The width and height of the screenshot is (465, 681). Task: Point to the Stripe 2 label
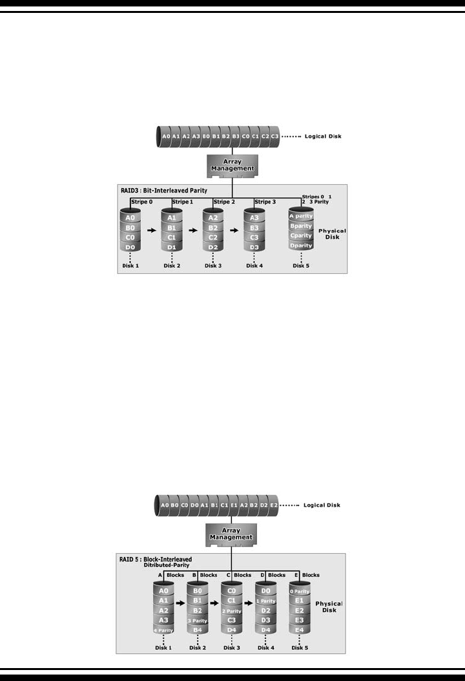click(225, 202)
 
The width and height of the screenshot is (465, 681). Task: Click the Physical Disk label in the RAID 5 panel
click(329, 607)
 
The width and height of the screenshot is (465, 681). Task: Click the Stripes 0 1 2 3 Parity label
click(317, 198)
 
